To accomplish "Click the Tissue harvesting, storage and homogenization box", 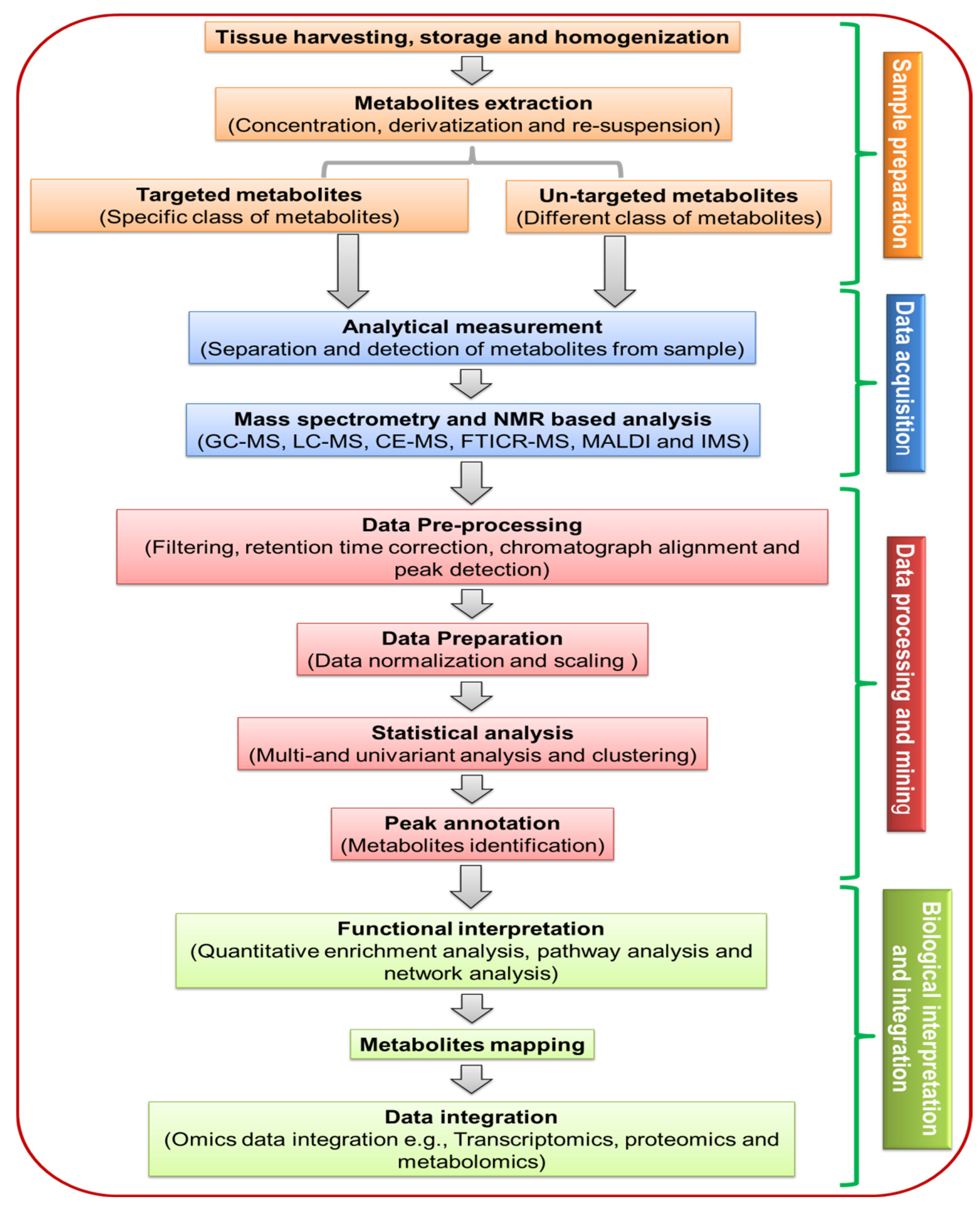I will [x=472, y=37].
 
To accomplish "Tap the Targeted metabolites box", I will [x=249, y=206].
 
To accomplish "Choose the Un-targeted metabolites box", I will [x=668, y=207].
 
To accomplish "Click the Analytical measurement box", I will [x=472, y=338].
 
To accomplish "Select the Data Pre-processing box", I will [x=472, y=547].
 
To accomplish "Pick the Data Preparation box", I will [x=472, y=649].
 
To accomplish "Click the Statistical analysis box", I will [x=472, y=744].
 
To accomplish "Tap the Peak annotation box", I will [x=472, y=834].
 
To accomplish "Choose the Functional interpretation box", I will [x=471, y=951].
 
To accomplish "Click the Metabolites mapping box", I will [x=472, y=1045].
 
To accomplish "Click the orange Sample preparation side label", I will [x=902, y=155].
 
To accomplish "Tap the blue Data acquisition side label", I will [x=905, y=383].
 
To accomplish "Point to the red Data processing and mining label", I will [x=905, y=684].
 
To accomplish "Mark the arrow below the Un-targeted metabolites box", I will [x=615, y=271].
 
